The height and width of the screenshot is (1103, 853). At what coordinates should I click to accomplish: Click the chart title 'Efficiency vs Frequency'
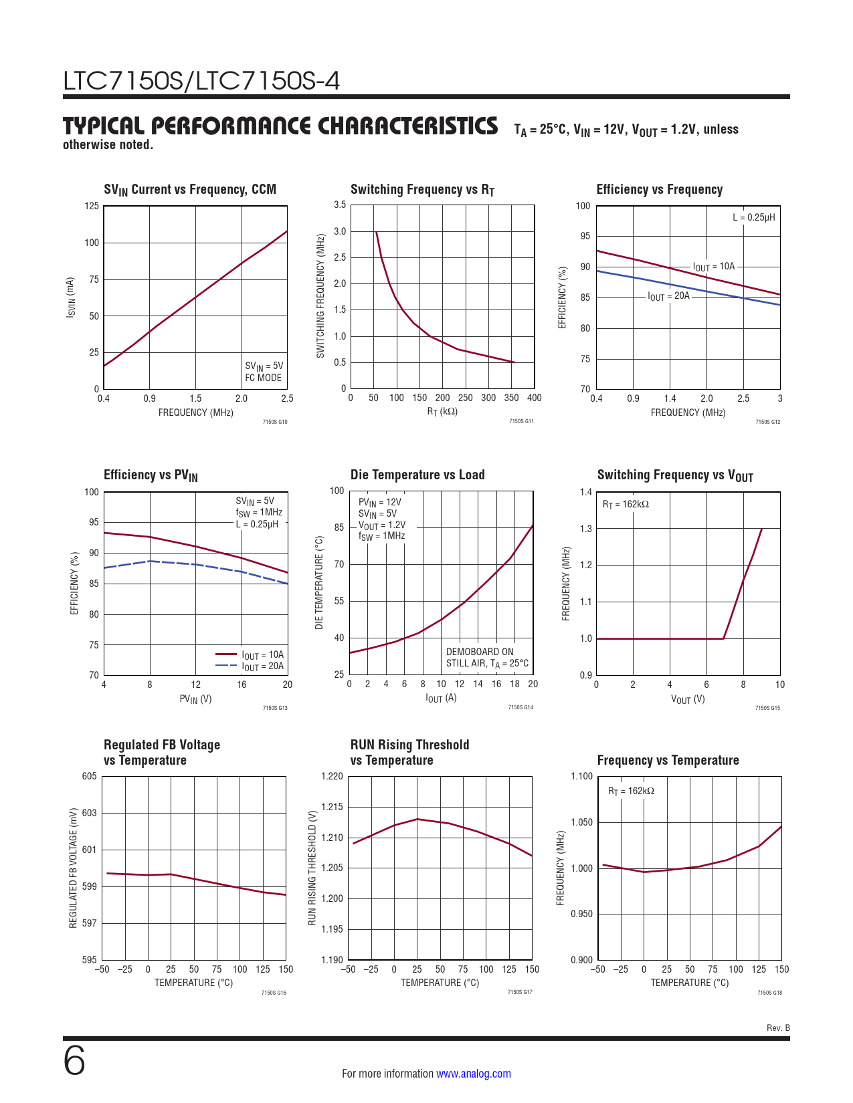(659, 190)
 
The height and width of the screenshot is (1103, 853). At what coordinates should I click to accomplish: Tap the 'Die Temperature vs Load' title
(417, 475)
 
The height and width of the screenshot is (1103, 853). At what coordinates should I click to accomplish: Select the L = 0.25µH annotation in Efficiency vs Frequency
(753, 217)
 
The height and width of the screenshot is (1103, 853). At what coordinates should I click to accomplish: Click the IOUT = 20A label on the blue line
(668, 296)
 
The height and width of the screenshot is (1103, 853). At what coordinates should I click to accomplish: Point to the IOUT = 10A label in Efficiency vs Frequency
(713, 267)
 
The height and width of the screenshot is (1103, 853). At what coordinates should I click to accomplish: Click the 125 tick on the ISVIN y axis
(92, 206)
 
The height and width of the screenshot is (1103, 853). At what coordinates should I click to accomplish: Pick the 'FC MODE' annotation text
(263, 378)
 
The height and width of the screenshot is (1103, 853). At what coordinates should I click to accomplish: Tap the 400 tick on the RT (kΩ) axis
(534, 398)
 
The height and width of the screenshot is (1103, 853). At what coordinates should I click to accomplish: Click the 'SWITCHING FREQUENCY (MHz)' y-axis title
(320, 295)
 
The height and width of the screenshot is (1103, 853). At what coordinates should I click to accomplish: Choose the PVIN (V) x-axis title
(195, 699)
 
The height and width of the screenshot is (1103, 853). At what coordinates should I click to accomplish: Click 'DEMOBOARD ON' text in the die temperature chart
(480, 652)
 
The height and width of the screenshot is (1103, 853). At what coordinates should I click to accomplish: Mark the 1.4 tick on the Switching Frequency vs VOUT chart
(586, 493)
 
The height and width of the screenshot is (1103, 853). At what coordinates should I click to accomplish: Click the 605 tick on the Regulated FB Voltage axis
(90, 776)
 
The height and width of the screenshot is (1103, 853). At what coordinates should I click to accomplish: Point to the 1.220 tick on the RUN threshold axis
(333, 776)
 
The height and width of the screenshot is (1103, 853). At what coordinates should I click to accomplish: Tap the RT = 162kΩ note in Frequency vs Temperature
(631, 791)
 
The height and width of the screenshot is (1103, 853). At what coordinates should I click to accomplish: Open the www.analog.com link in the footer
(473, 1074)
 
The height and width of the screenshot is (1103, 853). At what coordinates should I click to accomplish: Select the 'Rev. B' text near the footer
(777, 1028)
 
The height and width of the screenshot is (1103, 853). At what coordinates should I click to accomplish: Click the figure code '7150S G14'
(520, 707)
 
